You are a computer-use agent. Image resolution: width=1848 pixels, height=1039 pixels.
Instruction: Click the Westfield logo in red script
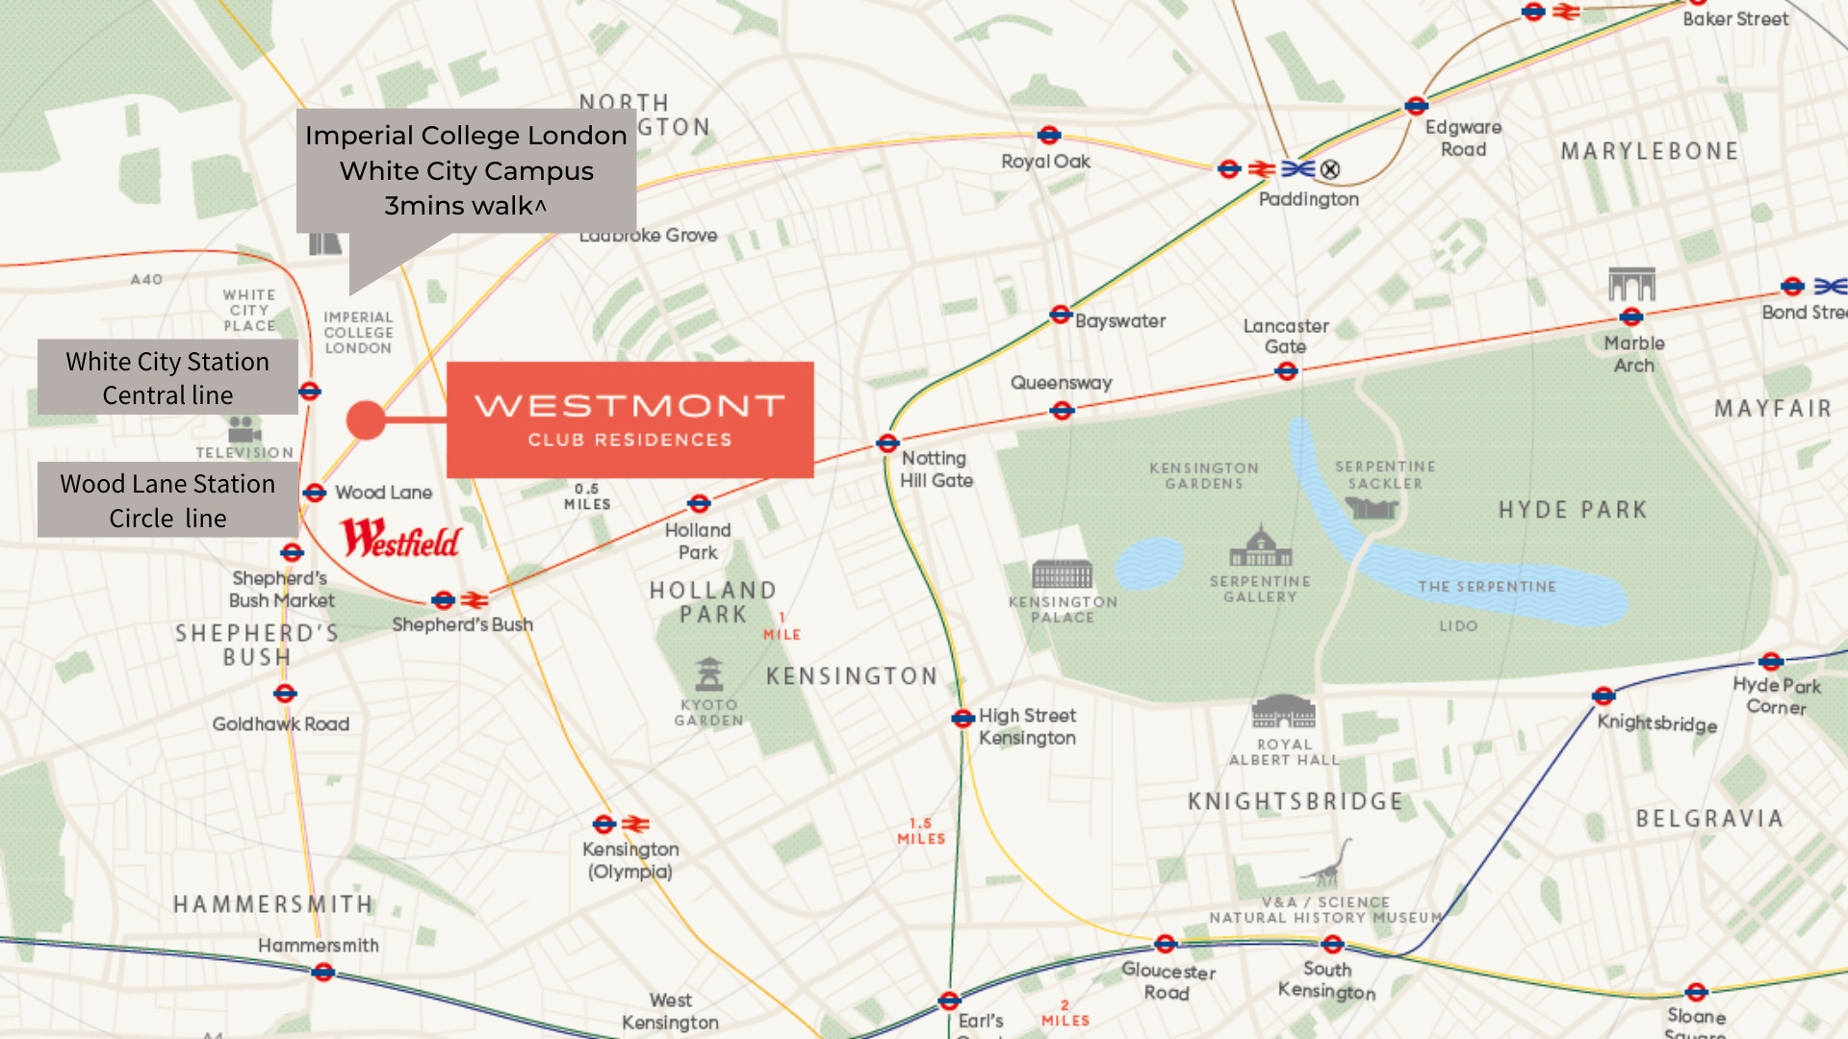coord(401,539)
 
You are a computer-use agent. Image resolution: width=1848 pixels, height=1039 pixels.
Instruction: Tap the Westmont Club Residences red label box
coord(629,420)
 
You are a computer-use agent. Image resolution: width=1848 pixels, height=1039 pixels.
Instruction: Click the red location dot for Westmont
coord(366,420)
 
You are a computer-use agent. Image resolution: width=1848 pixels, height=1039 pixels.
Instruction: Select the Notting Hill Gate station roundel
coord(887,443)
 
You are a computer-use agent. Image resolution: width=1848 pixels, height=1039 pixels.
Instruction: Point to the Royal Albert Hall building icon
coord(1283,713)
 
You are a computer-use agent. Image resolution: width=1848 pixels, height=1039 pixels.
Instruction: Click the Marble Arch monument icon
coord(1631,285)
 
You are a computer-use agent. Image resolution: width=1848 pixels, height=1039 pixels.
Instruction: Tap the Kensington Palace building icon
coord(1062,575)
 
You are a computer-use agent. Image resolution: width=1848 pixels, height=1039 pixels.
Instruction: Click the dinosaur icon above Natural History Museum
coord(1329,865)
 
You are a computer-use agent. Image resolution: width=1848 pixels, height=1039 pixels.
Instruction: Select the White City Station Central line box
coord(167,378)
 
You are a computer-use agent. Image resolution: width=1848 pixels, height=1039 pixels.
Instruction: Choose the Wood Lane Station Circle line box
coord(167,500)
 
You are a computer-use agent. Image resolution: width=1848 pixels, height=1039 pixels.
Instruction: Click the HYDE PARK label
coord(1572,510)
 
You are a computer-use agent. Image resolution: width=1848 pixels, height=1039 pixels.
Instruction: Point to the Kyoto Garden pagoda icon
coord(709,674)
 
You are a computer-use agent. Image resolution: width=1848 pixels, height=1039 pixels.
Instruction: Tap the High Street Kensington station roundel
coord(962,719)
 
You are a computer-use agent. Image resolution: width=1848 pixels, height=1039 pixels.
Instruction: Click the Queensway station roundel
coord(1062,411)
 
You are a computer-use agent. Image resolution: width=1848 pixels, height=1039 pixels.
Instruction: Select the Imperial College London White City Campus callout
coord(466,170)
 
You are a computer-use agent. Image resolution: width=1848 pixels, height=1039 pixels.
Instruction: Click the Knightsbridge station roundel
coord(1603,697)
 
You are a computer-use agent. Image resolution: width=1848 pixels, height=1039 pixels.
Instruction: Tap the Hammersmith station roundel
coord(323,973)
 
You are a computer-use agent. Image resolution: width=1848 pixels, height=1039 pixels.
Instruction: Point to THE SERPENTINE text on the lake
coord(1486,587)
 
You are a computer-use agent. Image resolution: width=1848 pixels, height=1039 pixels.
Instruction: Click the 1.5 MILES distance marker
coord(921,831)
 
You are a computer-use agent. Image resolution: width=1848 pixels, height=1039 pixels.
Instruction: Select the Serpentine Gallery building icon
coord(1260,547)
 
